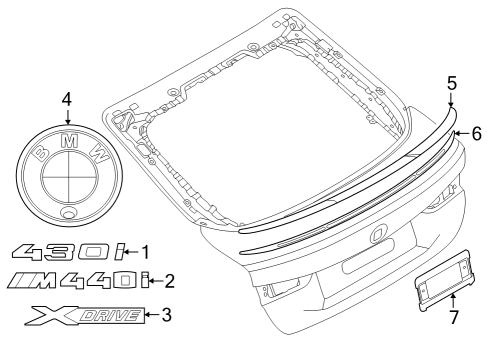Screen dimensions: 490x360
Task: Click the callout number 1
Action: (x=145, y=252)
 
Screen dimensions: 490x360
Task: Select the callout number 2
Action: (x=169, y=281)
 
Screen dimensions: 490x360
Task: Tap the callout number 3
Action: (x=166, y=315)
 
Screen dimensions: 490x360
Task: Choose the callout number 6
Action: (x=477, y=132)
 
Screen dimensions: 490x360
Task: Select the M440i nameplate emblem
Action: (x=76, y=282)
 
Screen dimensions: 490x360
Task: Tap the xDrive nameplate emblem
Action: (x=84, y=316)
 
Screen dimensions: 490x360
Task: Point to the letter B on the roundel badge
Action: (x=40, y=154)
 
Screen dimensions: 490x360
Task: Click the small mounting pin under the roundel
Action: (x=68, y=214)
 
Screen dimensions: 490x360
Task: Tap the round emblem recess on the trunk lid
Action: (x=377, y=236)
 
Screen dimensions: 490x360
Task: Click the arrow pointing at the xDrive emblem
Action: (x=152, y=315)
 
